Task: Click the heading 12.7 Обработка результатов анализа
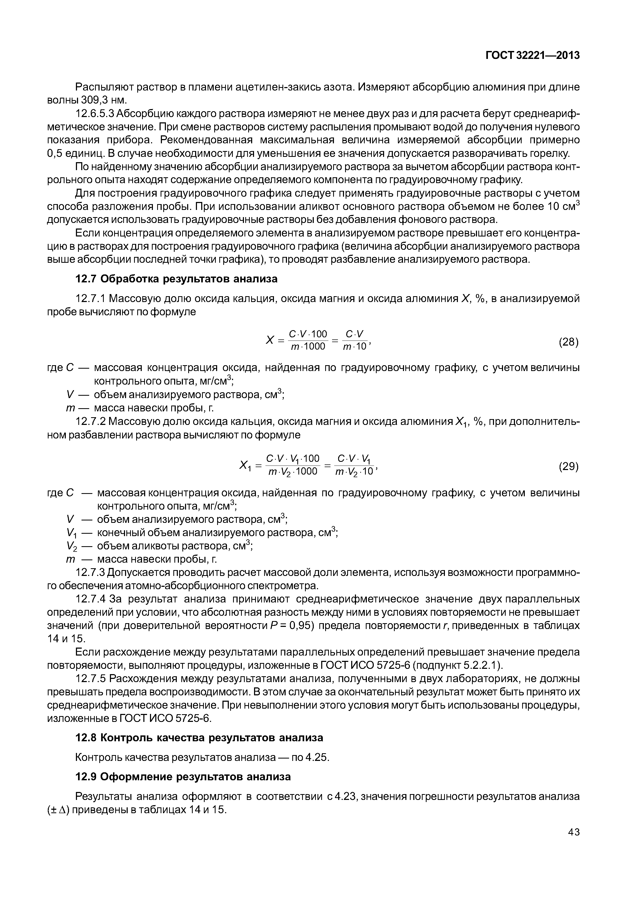(x=176, y=279)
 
